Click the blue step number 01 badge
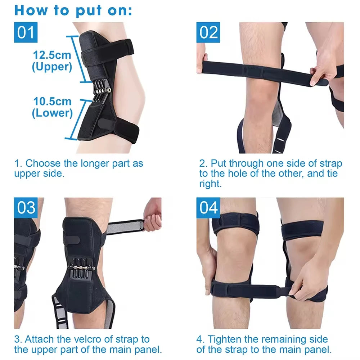(x=26, y=32)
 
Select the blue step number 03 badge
(x=26, y=208)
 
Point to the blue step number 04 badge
(x=208, y=208)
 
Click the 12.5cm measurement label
(x=52, y=55)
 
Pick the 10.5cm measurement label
(x=52, y=102)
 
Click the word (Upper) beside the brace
(x=52, y=67)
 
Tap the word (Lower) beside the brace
(x=52, y=113)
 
